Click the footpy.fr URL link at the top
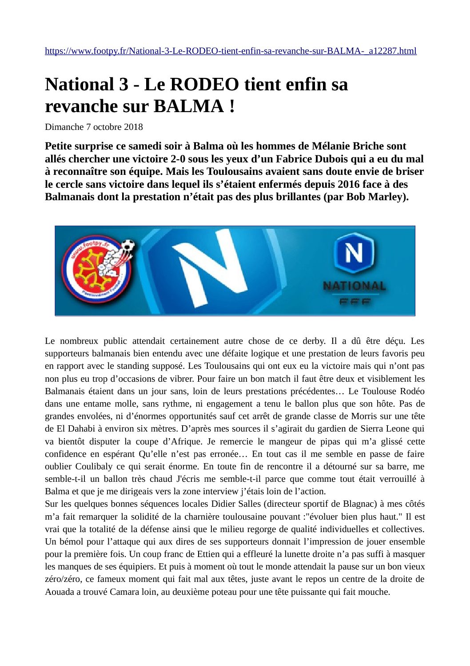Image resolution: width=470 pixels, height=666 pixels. point(231,51)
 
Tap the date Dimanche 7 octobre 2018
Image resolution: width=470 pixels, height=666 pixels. point(94,127)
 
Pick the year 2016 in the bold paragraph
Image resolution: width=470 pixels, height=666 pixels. point(349,184)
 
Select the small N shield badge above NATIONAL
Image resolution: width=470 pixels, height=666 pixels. point(354,253)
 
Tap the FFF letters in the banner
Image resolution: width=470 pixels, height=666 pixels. point(354,302)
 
